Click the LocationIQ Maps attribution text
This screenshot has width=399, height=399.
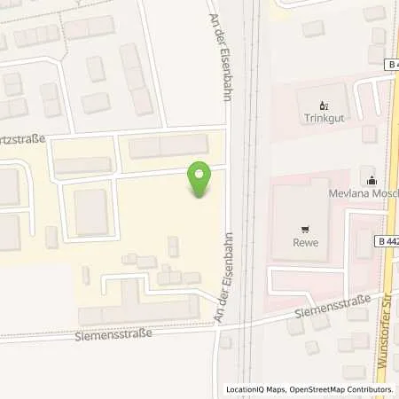[x=255, y=389]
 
